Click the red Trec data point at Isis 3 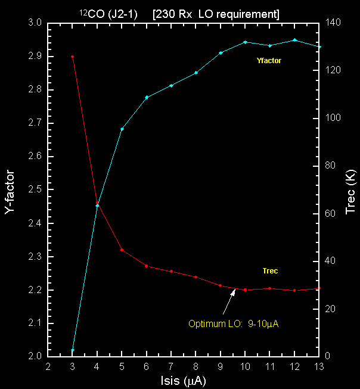tap(72, 57)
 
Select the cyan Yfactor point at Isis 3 tap(72, 350)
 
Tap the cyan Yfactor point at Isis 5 tap(122, 129)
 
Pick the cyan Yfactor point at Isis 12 tap(294, 40)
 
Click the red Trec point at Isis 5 tap(122, 250)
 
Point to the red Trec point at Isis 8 tap(195, 277)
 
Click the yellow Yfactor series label tap(269, 61)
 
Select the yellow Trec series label tap(270, 271)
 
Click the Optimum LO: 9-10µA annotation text tap(234, 325)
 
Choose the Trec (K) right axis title tap(350, 189)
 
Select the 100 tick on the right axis tap(336, 119)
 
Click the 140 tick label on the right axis tap(336, 23)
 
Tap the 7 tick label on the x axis tap(171, 366)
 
